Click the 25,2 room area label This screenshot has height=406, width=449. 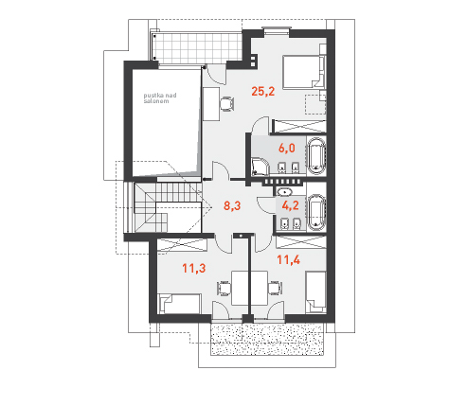click(x=263, y=92)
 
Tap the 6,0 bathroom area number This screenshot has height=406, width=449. click(x=287, y=148)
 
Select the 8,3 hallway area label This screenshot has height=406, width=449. click(x=232, y=206)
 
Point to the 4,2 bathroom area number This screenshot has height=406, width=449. click(x=290, y=205)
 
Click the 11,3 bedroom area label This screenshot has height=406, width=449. click(x=194, y=269)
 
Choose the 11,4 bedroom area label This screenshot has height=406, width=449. click(x=288, y=260)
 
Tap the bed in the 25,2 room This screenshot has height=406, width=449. click(x=304, y=72)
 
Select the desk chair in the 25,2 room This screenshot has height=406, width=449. click(x=226, y=104)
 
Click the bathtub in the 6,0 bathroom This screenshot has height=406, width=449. click(x=316, y=156)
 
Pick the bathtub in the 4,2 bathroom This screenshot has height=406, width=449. click(x=316, y=212)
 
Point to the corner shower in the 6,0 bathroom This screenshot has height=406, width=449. click(x=260, y=167)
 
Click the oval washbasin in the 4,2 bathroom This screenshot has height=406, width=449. click(x=285, y=191)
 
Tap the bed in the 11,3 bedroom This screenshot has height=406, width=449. click(x=179, y=304)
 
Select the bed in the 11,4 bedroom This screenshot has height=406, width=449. click(x=315, y=292)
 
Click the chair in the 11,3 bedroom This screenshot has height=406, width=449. click(x=224, y=289)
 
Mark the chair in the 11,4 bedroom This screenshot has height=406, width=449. click(x=275, y=288)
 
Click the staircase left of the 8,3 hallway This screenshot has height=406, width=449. click(x=168, y=207)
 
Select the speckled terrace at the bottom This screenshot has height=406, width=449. click(x=267, y=339)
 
